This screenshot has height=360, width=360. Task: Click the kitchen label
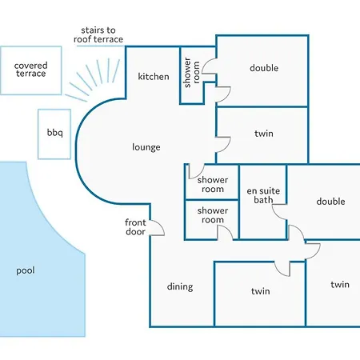coord(154,77)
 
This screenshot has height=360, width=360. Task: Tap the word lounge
coord(146,147)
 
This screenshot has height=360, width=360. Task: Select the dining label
coord(180,286)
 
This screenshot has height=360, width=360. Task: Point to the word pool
coord(26,270)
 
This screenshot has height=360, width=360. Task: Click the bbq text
coord(54,133)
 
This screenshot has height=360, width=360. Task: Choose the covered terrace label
coord(30,70)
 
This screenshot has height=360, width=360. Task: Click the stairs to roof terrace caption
coord(98,34)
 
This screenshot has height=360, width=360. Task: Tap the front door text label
coord(135,227)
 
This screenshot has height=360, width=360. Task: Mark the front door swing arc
coord(161,226)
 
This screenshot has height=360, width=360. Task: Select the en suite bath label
coord(263,195)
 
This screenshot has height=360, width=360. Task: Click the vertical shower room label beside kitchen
coord(192,73)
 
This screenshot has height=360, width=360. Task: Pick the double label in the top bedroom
coord(264,68)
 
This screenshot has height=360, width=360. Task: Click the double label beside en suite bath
coord(330,202)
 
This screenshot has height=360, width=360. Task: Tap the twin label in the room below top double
coord(264,134)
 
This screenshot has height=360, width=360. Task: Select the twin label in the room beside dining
coord(260,291)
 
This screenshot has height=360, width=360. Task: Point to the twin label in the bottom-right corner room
coord(340,285)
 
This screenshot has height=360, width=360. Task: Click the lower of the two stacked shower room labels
coord(213,215)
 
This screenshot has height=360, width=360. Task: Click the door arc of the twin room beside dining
coord(278,271)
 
